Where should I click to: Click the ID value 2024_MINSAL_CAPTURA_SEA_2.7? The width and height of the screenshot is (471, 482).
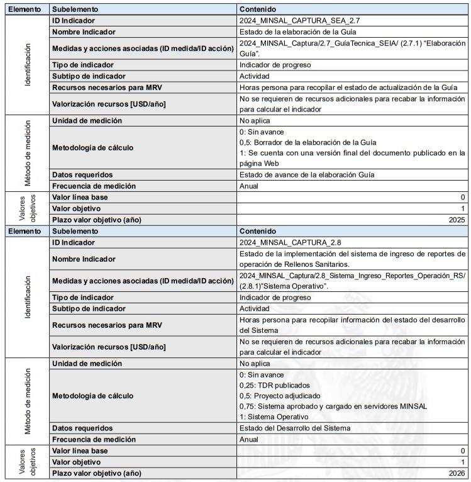coord(300,21)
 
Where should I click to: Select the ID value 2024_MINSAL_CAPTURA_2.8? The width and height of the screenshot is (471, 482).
coord(291,242)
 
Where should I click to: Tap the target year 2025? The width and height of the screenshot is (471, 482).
coord(457,220)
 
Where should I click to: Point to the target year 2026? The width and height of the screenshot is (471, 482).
coord(457,473)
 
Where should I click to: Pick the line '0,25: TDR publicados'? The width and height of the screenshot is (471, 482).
coord(275,385)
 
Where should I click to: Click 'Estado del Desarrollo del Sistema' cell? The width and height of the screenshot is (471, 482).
coord(295,428)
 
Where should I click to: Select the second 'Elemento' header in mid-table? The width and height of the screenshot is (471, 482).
coord(25,231)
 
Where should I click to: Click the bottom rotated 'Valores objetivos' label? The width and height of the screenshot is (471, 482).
coord(25,462)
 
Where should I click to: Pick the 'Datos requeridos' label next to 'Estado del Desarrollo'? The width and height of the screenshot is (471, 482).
coord(82,428)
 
